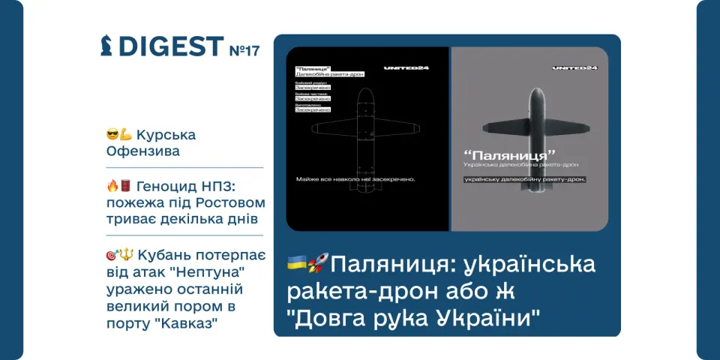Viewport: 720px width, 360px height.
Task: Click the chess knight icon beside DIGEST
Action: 107,46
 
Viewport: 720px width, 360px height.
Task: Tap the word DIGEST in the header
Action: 171,46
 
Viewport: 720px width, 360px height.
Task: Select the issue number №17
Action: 244,50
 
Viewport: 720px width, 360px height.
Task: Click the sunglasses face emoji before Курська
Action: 113,135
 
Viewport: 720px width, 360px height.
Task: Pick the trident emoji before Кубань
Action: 125,254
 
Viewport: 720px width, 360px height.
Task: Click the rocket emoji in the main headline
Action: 318,264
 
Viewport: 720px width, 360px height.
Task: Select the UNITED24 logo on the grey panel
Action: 574,67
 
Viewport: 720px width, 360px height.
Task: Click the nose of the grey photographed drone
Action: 529,91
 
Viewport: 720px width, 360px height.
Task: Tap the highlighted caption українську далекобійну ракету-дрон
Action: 524,179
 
